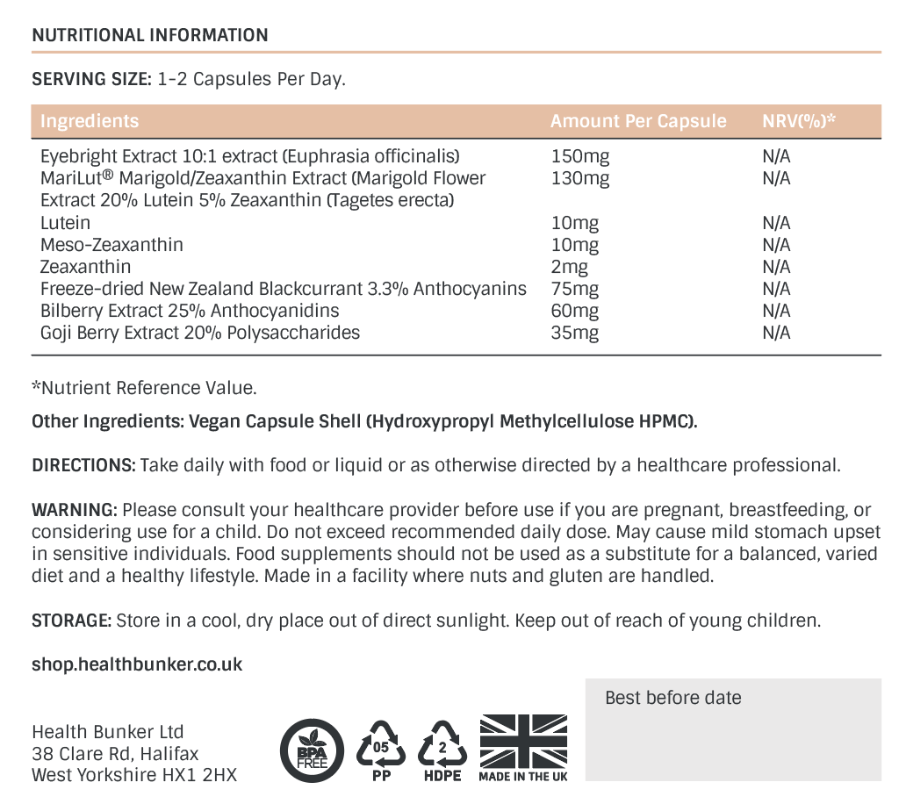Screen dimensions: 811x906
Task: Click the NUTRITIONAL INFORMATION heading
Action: point(150,36)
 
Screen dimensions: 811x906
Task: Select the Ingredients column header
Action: point(90,121)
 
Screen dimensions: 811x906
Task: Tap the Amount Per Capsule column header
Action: point(638,121)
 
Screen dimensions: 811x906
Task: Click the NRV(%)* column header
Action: point(798,121)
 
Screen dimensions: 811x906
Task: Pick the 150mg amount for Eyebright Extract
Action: point(579,157)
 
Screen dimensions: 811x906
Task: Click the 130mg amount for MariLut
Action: point(579,179)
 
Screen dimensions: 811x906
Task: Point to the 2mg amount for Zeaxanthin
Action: point(570,267)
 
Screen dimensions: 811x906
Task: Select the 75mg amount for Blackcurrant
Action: point(575,289)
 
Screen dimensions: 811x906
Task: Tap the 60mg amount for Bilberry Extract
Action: point(575,311)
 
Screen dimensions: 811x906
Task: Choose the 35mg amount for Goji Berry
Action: point(575,333)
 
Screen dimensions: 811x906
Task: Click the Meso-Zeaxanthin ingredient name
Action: point(111,245)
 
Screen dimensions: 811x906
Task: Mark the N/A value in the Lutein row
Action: point(777,223)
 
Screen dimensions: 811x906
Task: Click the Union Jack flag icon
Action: point(523,740)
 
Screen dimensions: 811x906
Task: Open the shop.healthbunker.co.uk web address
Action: point(137,664)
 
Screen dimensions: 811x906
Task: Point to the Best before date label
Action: point(673,698)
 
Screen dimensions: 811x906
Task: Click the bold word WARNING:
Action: point(75,510)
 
